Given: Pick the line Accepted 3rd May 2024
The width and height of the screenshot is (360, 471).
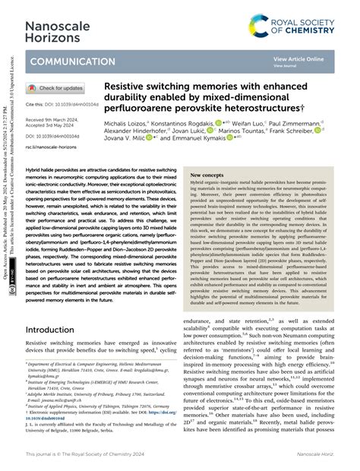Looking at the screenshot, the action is point(55,127).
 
